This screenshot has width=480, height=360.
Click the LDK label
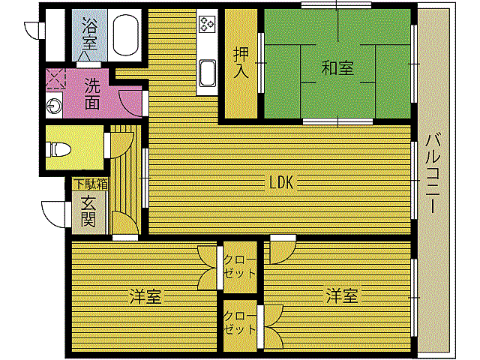pyautogui.click(x=284, y=181)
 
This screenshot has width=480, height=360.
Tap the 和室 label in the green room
pyautogui.click(x=337, y=68)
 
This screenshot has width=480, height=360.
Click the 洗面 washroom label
pyautogui.click(x=91, y=92)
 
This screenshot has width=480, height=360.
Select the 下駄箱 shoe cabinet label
pyautogui.click(x=90, y=183)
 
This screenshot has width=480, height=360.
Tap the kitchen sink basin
pyautogui.click(x=207, y=73)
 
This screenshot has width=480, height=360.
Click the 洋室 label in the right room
pyautogui.click(x=342, y=295)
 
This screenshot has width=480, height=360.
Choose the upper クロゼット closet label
pyautogui.click(x=239, y=266)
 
